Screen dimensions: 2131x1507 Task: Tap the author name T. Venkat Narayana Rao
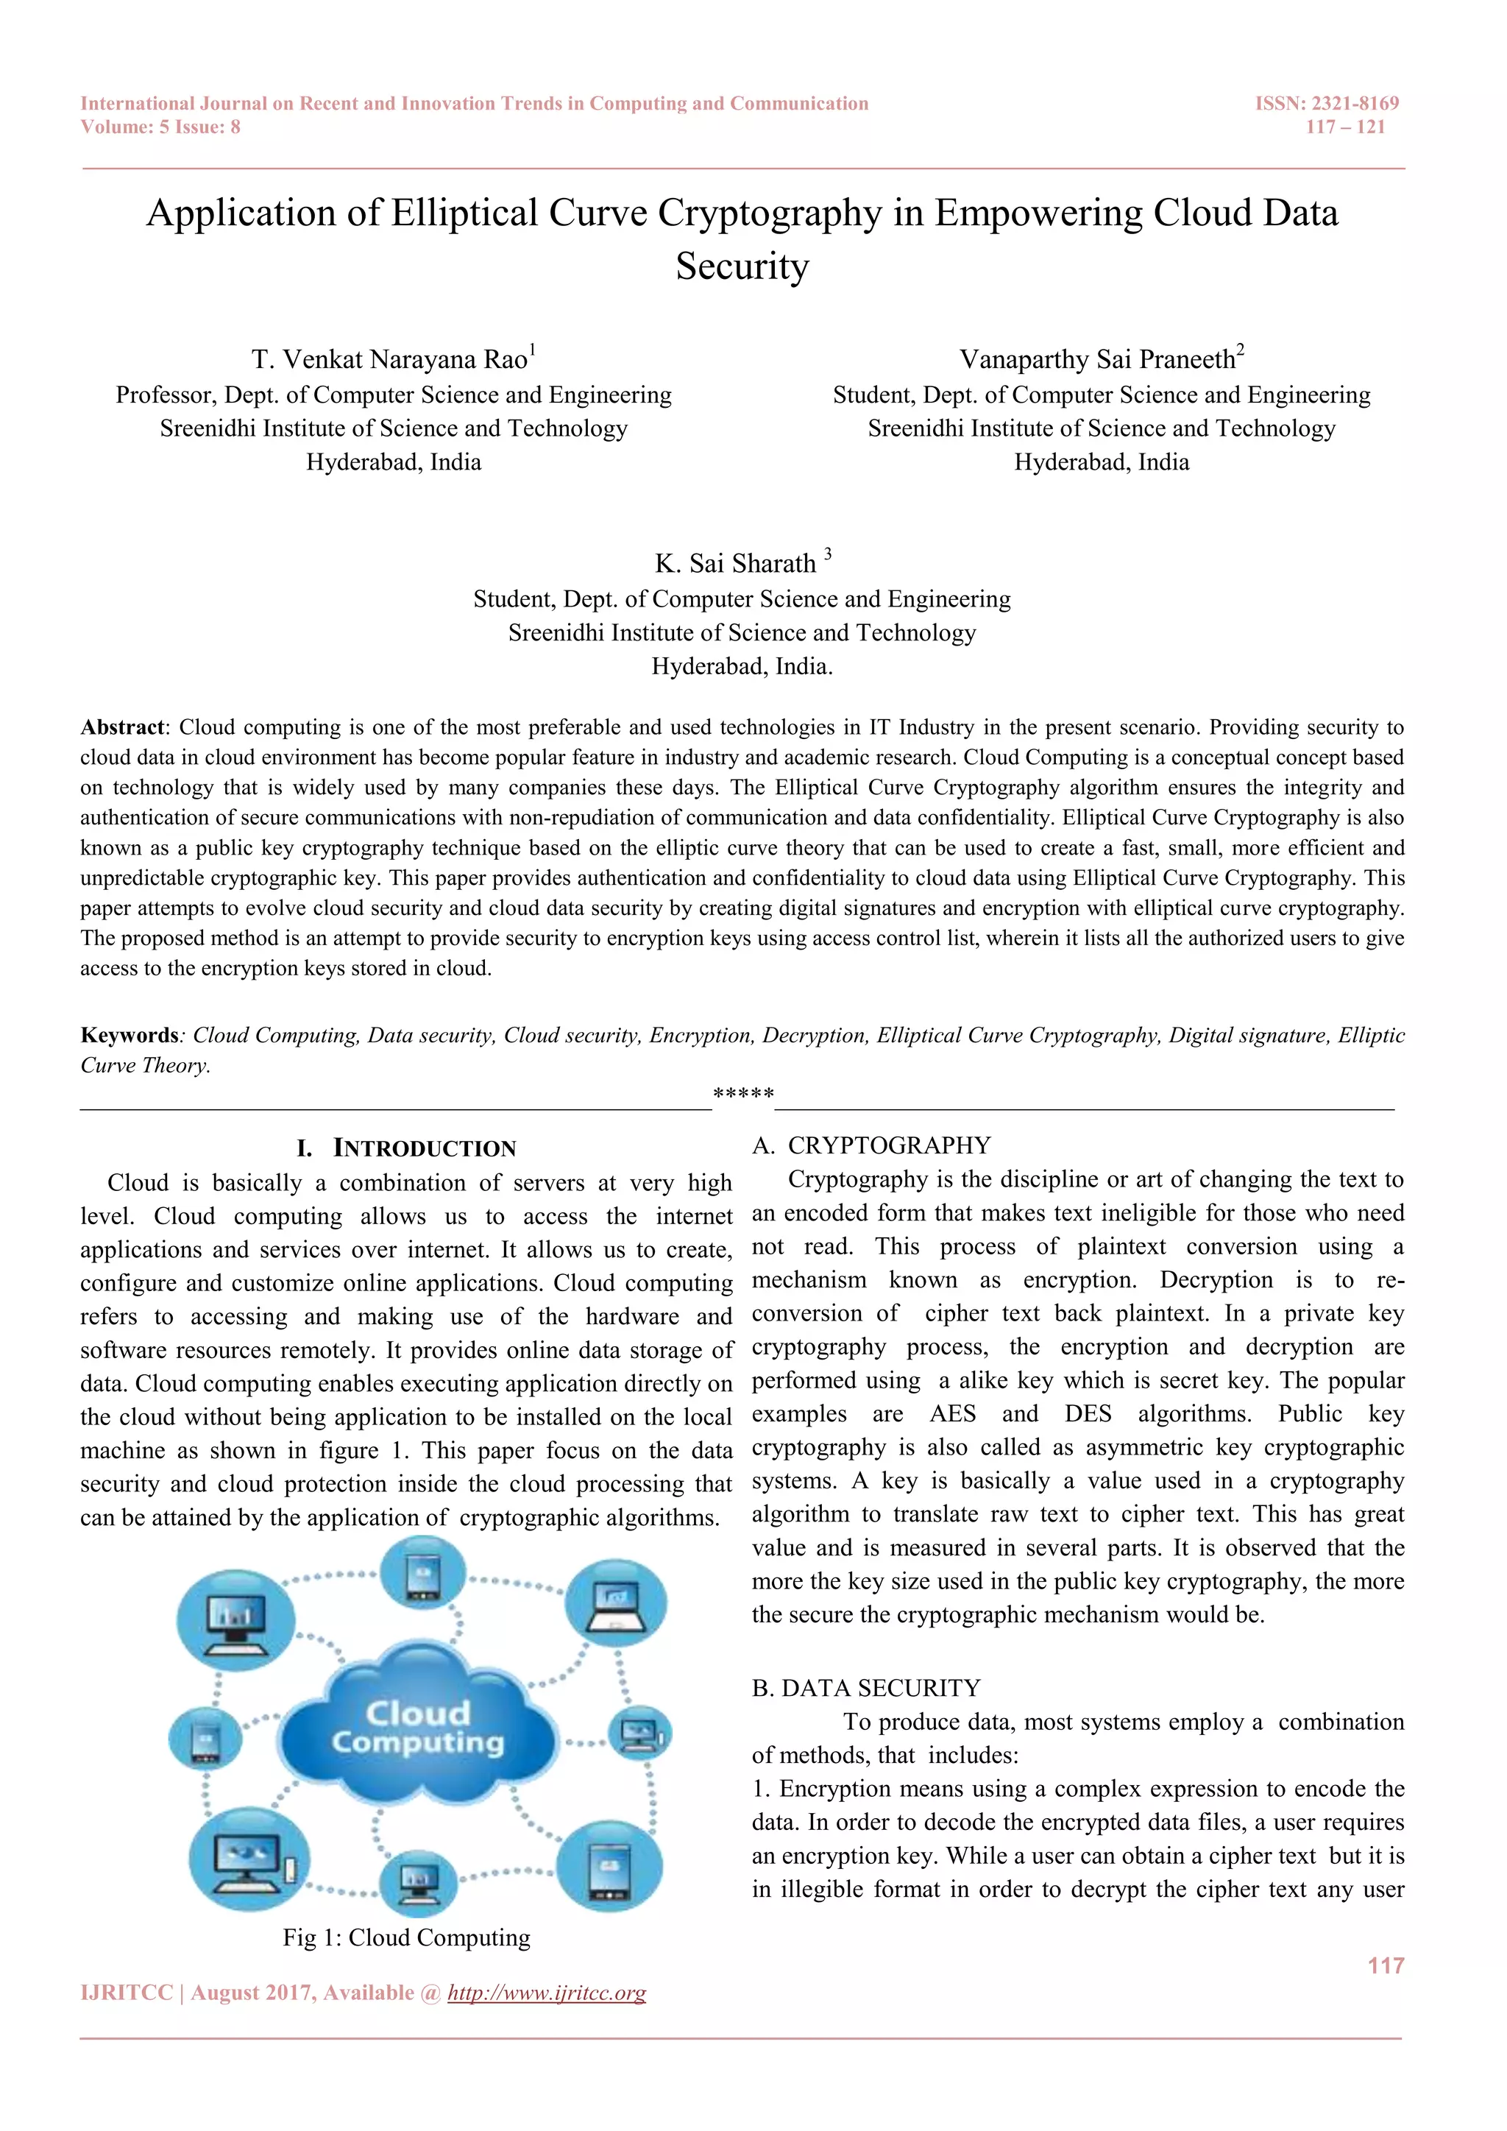[389, 359]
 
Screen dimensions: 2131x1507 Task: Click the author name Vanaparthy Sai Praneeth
[1097, 359]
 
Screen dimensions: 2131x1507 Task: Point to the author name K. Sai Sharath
[735, 563]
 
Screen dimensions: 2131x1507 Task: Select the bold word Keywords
[129, 1035]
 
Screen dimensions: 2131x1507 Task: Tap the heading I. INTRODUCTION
[406, 1148]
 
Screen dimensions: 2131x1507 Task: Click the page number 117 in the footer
[1386, 1966]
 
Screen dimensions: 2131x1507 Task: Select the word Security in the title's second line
[742, 266]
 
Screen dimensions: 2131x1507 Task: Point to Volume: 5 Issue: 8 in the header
[160, 127]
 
